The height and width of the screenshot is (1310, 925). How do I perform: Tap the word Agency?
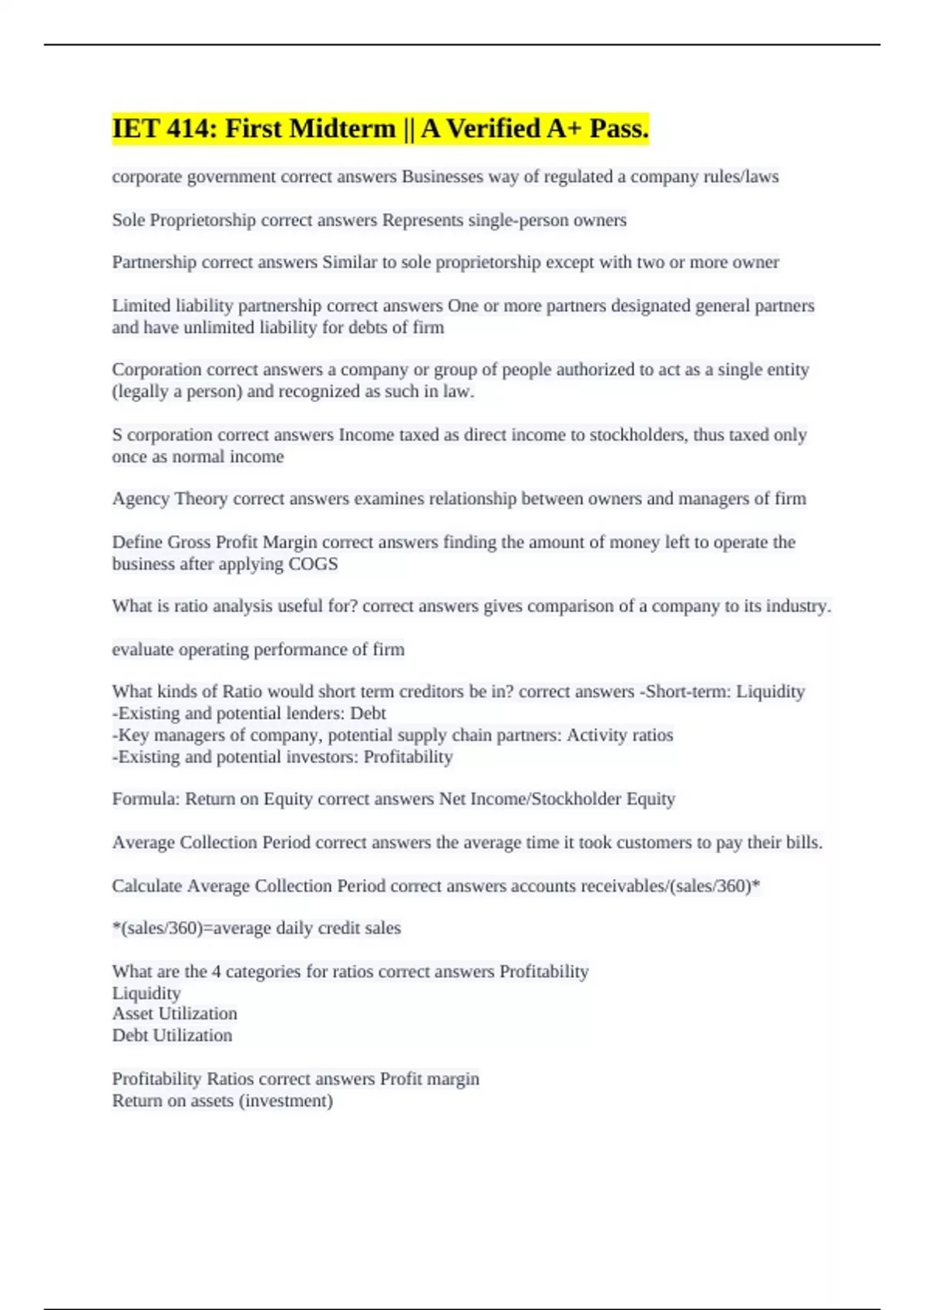click(141, 499)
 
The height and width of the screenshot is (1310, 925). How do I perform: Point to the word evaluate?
click(143, 650)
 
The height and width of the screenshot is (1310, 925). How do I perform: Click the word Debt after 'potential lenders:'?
click(368, 714)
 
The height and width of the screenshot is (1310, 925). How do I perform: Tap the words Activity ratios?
click(620, 735)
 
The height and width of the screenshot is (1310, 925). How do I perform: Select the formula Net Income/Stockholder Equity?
click(557, 799)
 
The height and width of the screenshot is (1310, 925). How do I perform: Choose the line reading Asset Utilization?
click(174, 1013)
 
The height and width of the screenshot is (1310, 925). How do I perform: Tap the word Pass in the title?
click(618, 129)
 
